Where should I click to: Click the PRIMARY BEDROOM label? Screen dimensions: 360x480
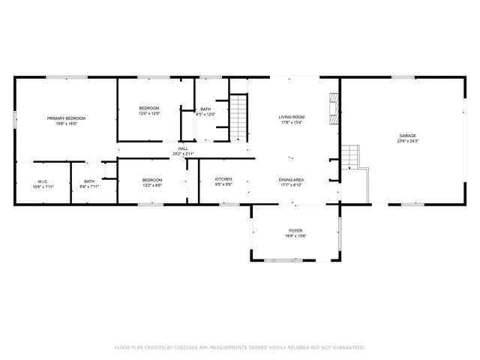pyautogui.click(x=66, y=118)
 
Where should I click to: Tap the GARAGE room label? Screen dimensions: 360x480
pyautogui.click(x=407, y=136)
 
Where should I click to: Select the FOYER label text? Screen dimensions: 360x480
pyautogui.click(x=295, y=230)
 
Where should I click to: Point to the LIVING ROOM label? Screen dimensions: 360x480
pyautogui.click(x=291, y=117)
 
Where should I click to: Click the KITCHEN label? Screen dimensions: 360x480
pyautogui.click(x=223, y=179)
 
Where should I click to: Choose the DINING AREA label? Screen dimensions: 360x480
pyautogui.click(x=291, y=179)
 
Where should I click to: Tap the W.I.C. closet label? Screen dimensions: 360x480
pyautogui.click(x=43, y=181)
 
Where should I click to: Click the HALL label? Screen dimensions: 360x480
pyautogui.click(x=183, y=148)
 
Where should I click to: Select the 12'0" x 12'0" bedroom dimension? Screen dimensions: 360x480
pyautogui.click(x=149, y=114)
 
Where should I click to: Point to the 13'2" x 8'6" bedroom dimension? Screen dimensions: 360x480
pyautogui.click(x=152, y=185)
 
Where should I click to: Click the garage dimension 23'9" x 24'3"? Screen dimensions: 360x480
pyautogui.click(x=407, y=141)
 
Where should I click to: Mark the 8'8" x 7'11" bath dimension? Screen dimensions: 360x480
pyautogui.click(x=89, y=187)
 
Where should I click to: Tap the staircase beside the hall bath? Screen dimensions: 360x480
pyautogui.click(x=238, y=117)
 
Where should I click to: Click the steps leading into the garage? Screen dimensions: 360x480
pyautogui.click(x=350, y=157)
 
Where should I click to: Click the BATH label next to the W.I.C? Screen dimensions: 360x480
pyautogui.click(x=89, y=181)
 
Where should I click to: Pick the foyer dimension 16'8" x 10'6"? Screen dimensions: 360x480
pyautogui.click(x=295, y=236)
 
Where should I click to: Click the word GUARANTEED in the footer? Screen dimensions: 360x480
pyautogui.click(x=347, y=347)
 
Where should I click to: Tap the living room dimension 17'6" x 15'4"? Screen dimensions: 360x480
pyautogui.click(x=291, y=123)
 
